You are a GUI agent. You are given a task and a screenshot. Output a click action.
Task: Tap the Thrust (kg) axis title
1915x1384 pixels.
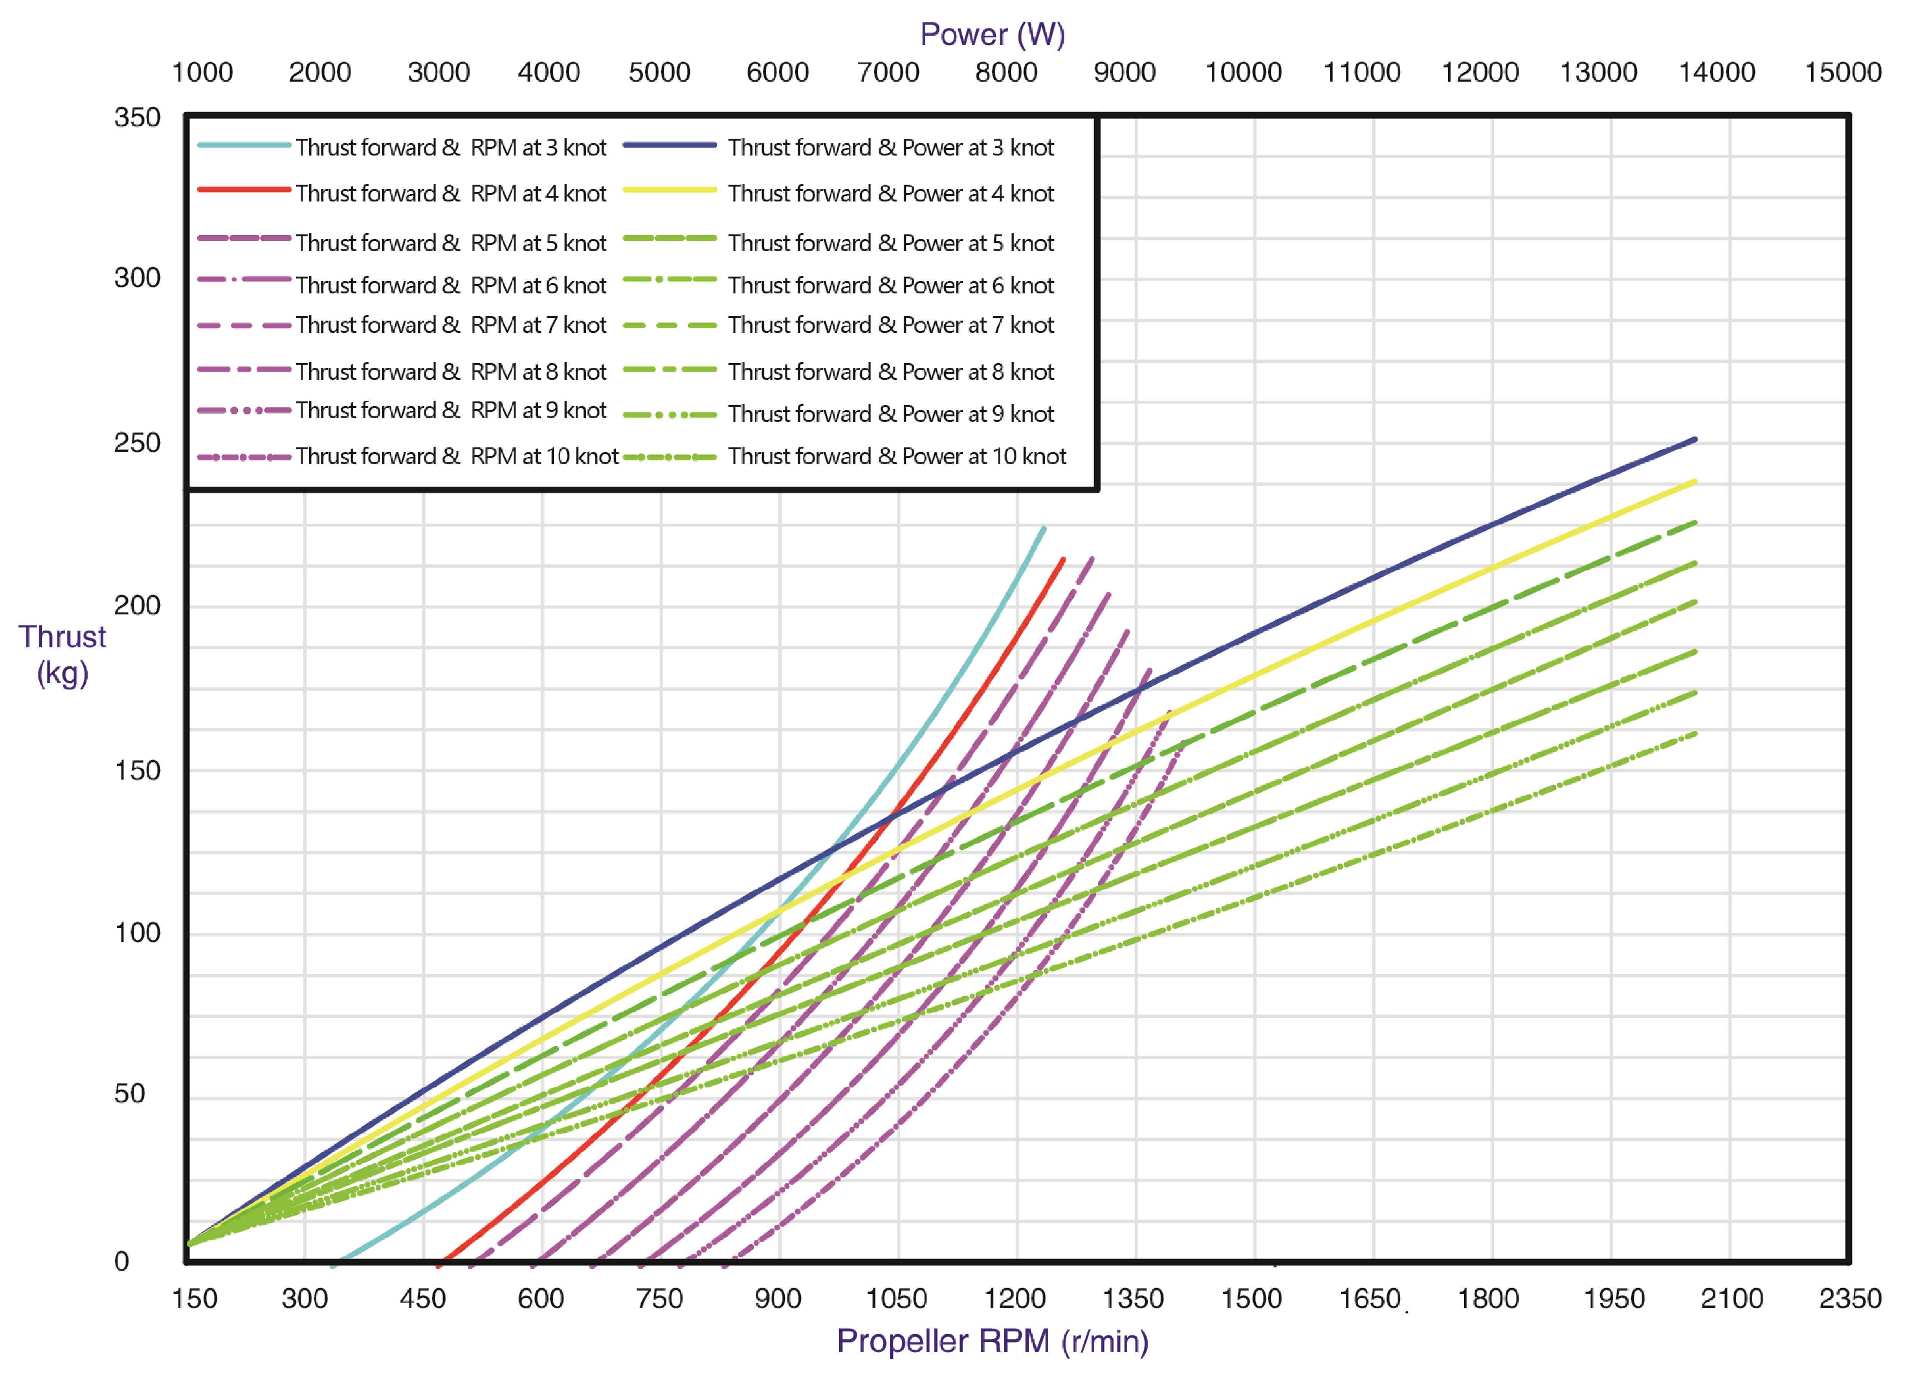[x=62, y=654]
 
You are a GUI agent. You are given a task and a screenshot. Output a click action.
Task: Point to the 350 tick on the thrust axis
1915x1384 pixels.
[x=137, y=117]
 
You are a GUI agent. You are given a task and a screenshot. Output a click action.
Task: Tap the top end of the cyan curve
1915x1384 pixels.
[x=1044, y=529]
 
